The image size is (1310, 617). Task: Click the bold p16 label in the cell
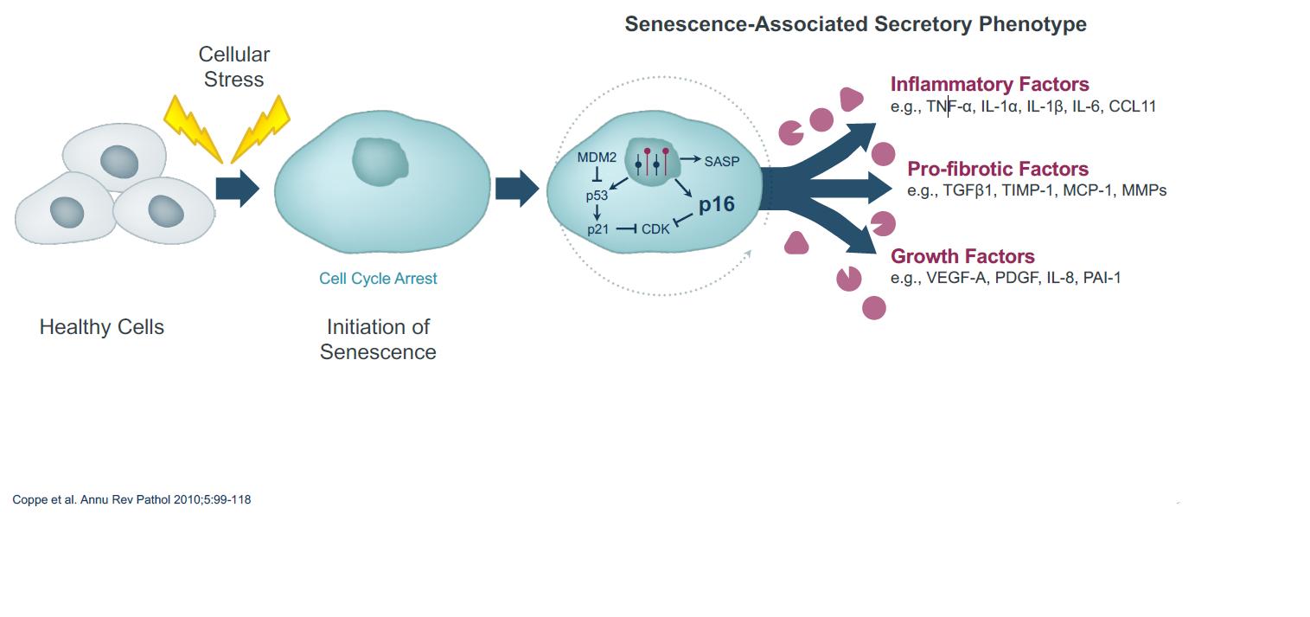point(716,204)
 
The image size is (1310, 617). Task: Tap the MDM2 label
point(597,157)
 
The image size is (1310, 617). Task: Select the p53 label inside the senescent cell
point(597,196)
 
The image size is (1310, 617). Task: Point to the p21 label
point(597,229)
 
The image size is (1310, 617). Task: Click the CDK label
point(655,229)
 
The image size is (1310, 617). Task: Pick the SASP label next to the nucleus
point(722,161)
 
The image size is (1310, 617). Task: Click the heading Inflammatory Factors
point(989,84)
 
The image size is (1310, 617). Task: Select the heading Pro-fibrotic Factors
point(997,169)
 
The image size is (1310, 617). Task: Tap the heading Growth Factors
point(962,256)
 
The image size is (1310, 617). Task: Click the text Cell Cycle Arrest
point(378,279)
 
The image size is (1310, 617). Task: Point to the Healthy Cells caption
point(101,327)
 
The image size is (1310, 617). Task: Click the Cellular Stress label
point(233,67)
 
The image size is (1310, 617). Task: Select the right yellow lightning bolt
point(262,127)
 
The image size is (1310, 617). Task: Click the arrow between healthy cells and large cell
point(237,188)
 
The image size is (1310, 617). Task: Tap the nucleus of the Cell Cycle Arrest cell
point(380,161)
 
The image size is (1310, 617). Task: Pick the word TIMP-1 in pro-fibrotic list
point(1028,190)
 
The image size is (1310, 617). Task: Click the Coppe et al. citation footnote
point(131,499)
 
